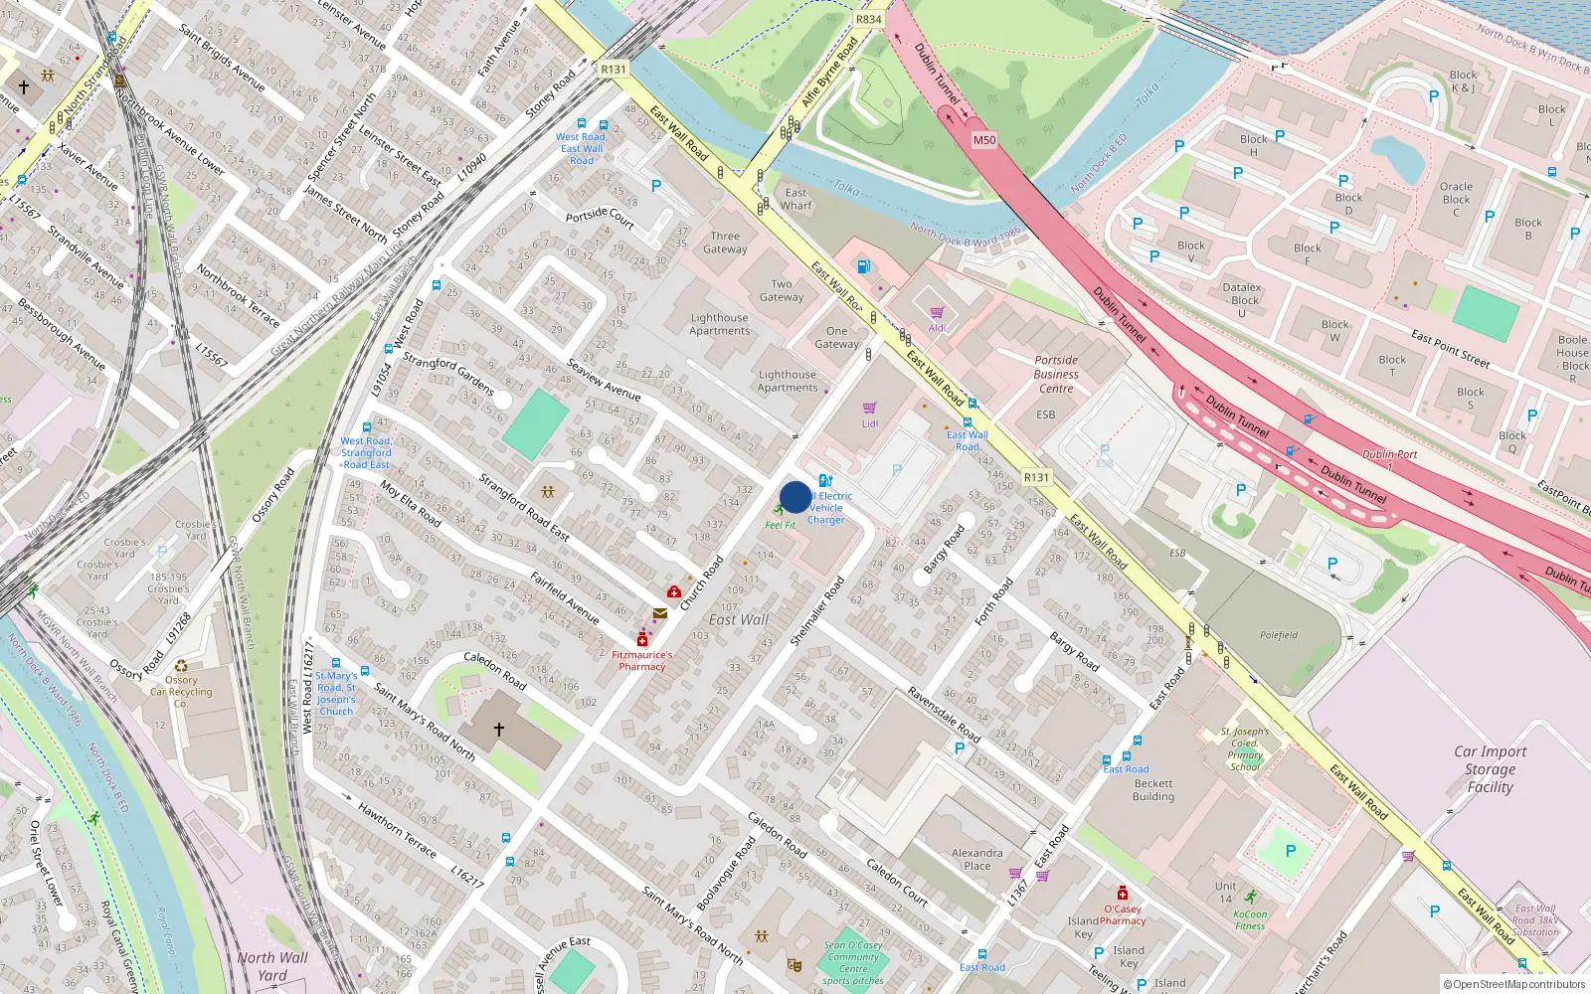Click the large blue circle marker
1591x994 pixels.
pyautogui.click(x=795, y=497)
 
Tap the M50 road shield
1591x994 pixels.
pyautogui.click(x=983, y=140)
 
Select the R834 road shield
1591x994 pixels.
pyautogui.click(x=868, y=19)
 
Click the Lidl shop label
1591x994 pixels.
pyautogui.click(x=870, y=423)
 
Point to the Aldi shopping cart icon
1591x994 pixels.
pyautogui.click(x=937, y=312)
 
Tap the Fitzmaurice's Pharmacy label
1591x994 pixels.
pyautogui.click(x=642, y=660)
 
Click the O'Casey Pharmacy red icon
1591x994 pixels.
pyautogui.click(x=1123, y=893)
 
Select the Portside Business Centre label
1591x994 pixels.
pyautogui.click(x=1056, y=374)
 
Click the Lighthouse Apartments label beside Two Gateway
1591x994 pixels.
pyautogui.click(x=719, y=324)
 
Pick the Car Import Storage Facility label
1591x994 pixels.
pyautogui.click(x=1490, y=769)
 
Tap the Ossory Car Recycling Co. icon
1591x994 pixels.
pyautogui.click(x=181, y=667)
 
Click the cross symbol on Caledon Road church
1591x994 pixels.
pyautogui.click(x=499, y=730)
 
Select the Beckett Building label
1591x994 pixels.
pyautogui.click(x=1153, y=789)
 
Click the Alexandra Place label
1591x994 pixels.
pyautogui.click(x=976, y=859)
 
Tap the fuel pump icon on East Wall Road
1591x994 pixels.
pyautogui.click(x=863, y=265)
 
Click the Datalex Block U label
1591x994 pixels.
pyautogui.click(x=1242, y=299)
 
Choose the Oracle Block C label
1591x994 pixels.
pyautogui.click(x=1456, y=199)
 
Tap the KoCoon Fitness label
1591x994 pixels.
pyautogui.click(x=1250, y=919)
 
